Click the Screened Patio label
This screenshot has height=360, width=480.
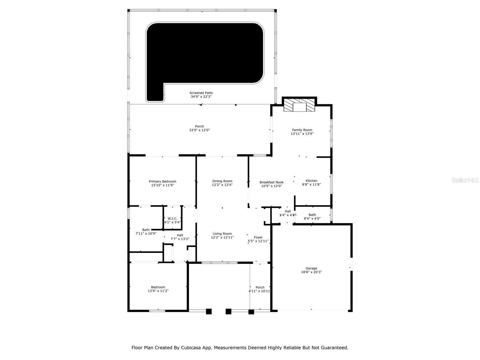coord(201,93)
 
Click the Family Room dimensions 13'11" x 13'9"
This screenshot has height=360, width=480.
coord(302,134)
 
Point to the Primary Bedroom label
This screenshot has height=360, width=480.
coord(162,181)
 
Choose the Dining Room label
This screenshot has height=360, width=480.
coord(222,181)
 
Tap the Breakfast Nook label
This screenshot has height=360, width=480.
coord(271,182)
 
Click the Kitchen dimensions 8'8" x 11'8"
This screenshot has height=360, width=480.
coord(311,184)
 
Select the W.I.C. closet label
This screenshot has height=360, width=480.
coord(172,219)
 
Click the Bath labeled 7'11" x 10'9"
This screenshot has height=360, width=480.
coord(146,232)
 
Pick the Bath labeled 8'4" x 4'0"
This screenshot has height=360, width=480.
coord(312,217)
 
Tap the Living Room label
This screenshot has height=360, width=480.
coord(222,234)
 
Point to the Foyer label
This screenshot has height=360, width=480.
coord(258,237)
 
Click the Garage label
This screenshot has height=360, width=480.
coord(311,268)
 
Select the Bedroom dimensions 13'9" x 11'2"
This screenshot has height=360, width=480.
coord(158,291)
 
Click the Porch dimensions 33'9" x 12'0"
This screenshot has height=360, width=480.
coord(199,130)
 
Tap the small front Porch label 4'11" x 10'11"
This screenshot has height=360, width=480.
coord(260,289)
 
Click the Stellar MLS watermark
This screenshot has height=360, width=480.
coord(465,180)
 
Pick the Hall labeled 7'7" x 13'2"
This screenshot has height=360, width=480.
coord(180,237)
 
